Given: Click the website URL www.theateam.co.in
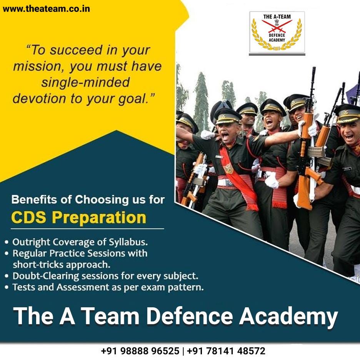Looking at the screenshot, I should tap(46, 8).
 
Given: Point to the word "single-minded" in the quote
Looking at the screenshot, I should tap(86, 82).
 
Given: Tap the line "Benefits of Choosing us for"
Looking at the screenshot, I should tap(88, 200).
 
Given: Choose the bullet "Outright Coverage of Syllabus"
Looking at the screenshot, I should tap(80, 243).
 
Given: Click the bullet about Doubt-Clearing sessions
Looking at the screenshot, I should tap(105, 276).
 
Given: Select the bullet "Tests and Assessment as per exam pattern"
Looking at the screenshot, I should tap(108, 287).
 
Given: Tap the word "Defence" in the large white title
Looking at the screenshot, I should tap(189, 316).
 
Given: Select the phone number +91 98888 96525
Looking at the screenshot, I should tap(140, 351).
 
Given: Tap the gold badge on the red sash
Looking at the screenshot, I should tap(229, 168).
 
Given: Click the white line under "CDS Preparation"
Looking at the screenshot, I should tap(87, 229).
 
